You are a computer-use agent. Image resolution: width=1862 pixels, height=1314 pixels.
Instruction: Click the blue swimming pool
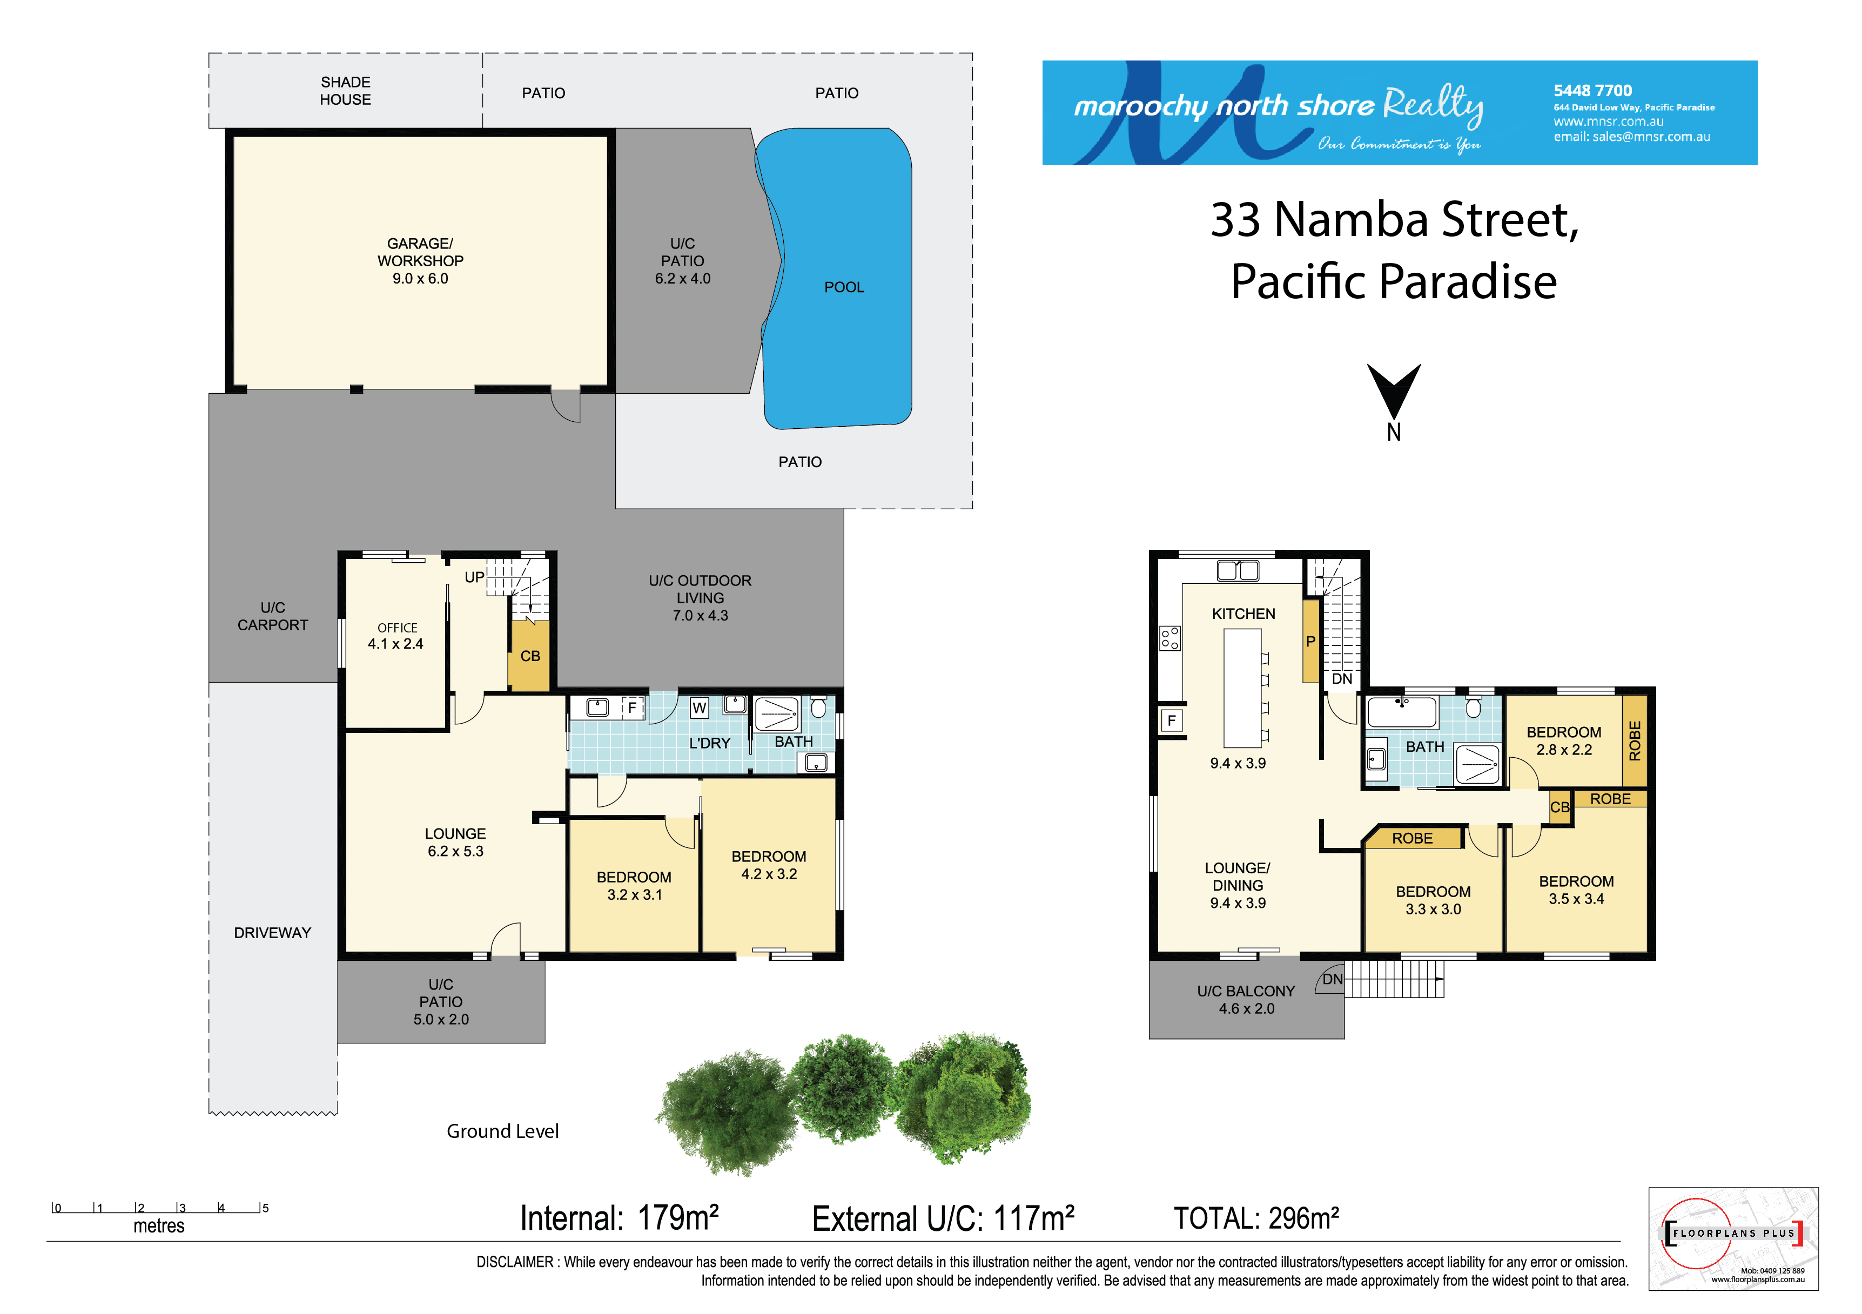(839, 280)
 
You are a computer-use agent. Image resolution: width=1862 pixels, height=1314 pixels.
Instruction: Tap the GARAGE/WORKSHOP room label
(420, 260)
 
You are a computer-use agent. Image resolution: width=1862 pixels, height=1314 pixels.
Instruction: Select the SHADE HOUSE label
(346, 91)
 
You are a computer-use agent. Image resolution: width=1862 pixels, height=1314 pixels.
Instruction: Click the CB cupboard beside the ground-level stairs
(530, 655)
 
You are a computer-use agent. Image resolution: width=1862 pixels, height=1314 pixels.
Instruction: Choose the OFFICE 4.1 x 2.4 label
(396, 636)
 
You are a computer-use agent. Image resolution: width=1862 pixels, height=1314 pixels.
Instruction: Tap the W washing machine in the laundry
(699, 709)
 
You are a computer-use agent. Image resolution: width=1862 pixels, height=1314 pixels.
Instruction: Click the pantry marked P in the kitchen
(1310, 641)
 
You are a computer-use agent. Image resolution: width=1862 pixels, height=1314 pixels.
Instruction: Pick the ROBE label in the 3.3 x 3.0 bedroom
(1412, 838)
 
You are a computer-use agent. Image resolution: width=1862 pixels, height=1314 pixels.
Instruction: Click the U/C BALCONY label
(1247, 1000)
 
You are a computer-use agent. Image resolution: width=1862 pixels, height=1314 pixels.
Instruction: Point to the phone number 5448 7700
(1593, 91)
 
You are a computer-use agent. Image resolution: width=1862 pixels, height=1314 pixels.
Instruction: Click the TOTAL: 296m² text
(1256, 1217)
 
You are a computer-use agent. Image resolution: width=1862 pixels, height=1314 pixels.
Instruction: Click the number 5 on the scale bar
(265, 1208)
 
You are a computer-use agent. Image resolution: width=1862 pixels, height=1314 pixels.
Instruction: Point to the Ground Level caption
(503, 1131)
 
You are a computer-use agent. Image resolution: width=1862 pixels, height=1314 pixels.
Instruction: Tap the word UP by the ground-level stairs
(474, 577)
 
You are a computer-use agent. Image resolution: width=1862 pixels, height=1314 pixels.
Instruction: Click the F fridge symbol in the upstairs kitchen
(1171, 720)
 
